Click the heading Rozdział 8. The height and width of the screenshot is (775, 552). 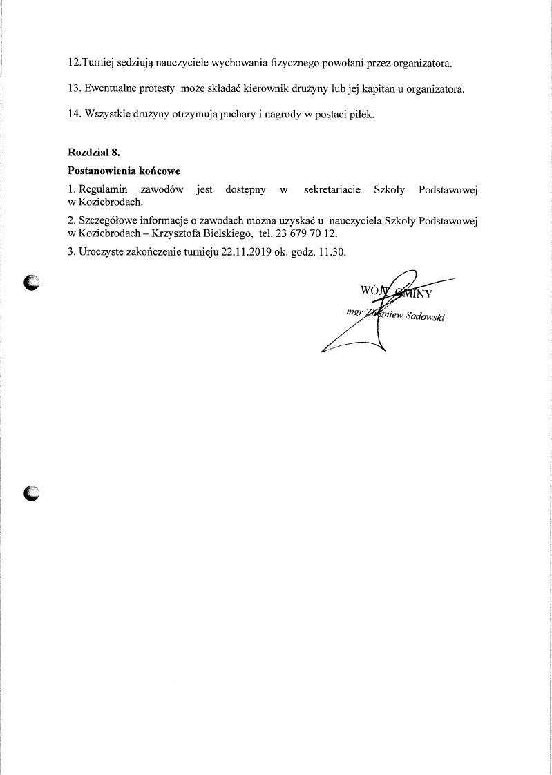95,153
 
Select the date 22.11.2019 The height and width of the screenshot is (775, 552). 246,252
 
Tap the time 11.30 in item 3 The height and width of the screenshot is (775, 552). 330,252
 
